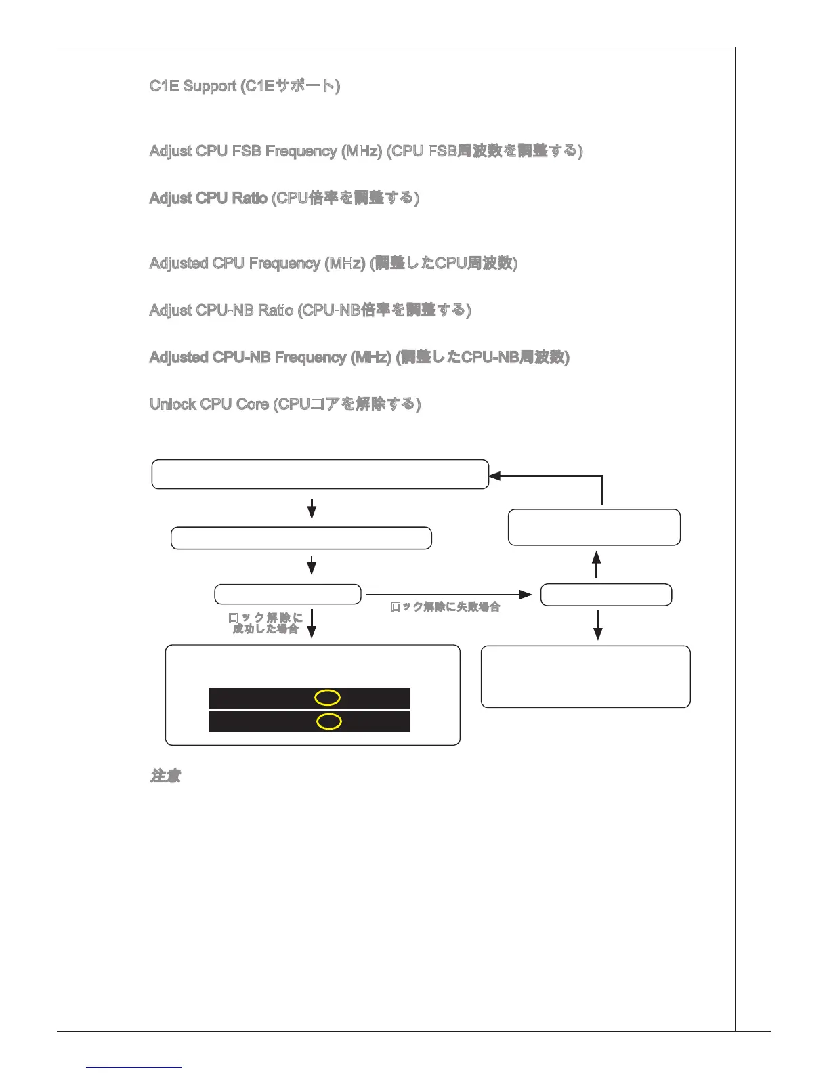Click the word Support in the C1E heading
[x=210, y=87]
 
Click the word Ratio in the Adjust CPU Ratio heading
[x=249, y=198]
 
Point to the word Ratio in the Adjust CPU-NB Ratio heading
[x=274, y=310]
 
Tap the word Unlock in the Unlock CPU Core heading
[x=173, y=404]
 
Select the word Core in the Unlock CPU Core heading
[x=253, y=404]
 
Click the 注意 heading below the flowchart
[x=165, y=776]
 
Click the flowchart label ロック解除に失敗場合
[x=446, y=607]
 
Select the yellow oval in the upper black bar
[x=327, y=698]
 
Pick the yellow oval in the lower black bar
[x=329, y=721]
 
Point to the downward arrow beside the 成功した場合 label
[x=312, y=623]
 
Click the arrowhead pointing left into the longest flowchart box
[x=495, y=476]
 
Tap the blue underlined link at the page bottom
[x=135, y=1067]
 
